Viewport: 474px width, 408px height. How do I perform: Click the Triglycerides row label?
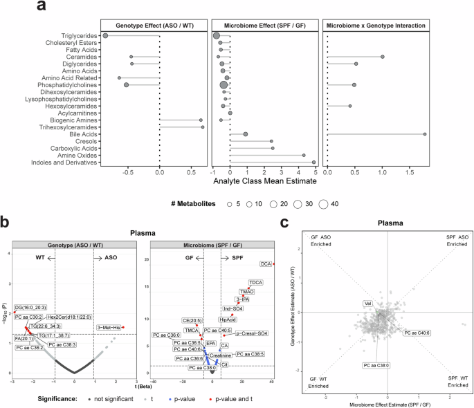point(78,35)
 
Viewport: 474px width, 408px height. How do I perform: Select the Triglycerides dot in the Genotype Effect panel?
point(105,35)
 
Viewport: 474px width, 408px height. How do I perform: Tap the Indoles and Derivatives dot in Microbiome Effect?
point(313,163)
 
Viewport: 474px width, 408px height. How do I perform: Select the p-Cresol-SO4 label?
point(252,333)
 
